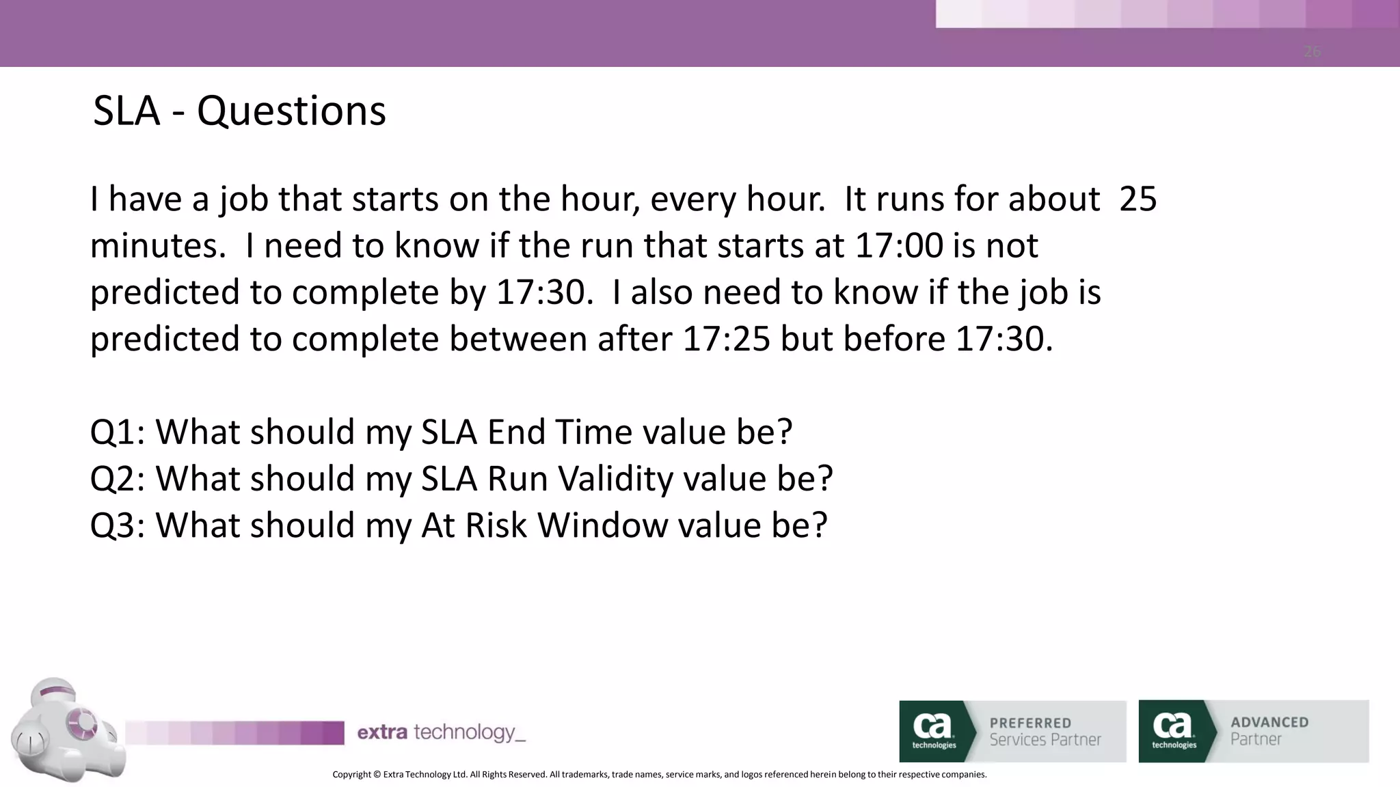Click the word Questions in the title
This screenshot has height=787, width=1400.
[x=291, y=111]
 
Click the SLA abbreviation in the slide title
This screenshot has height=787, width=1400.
[x=126, y=111]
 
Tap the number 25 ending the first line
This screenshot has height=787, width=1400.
[x=1137, y=199]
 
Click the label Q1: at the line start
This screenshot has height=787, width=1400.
[x=117, y=432]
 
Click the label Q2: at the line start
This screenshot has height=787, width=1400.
[x=117, y=478]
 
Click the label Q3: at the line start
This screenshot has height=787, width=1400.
[x=117, y=525]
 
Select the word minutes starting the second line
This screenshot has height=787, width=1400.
[x=157, y=245]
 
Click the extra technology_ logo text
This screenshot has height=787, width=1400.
[x=441, y=732]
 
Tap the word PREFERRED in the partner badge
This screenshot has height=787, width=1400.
[x=1030, y=723]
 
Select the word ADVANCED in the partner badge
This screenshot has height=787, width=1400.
[x=1269, y=722]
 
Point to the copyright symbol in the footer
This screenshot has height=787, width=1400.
[x=377, y=775]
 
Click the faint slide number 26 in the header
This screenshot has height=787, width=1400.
[x=1311, y=52]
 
